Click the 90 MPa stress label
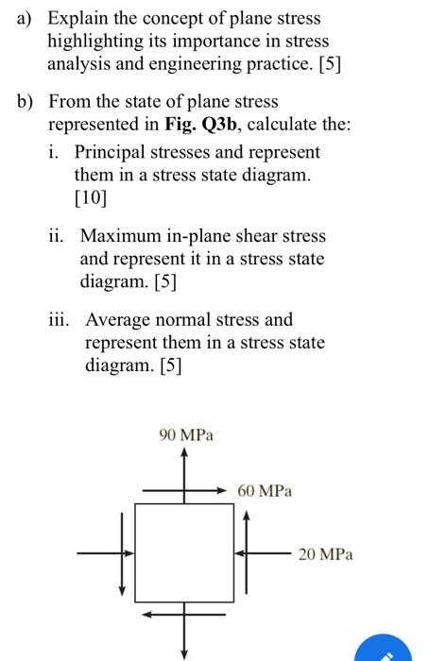coord(186,435)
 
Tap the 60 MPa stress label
coord(265,491)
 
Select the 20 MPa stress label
coord(325,554)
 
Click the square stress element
coord(184,554)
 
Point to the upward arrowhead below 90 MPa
coord(185,454)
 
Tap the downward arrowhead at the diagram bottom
coord(185,651)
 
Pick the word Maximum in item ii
coord(121,236)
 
